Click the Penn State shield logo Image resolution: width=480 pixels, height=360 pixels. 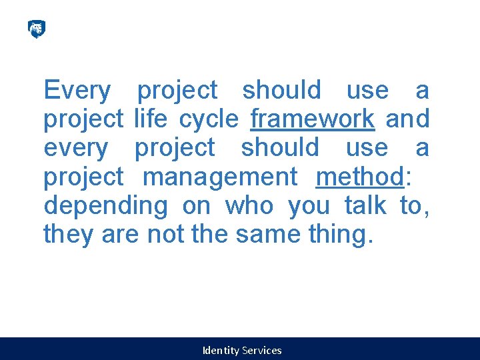(x=36, y=29)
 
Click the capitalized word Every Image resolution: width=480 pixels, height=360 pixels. (x=77, y=90)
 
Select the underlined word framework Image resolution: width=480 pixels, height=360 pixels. (x=312, y=119)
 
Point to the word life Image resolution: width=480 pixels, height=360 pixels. (x=150, y=119)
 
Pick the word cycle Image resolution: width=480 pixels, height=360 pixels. (x=208, y=119)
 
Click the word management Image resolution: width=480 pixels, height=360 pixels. (x=220, y=177)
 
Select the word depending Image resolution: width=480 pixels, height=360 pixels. (x=105, y=206)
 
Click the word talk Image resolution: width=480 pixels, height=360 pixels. (x=365, y=206)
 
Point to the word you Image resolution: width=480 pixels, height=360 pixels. (x=309, y=206)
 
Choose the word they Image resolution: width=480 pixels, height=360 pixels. (x=69, y=235)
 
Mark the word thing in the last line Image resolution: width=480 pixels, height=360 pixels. (x=338, y=235)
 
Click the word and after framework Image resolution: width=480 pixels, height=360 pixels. (x=407, y=119)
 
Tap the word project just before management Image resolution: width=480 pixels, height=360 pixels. (x=83, y=177)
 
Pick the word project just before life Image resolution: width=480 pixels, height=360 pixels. (x=83, y=119)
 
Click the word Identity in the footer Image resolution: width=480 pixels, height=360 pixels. (x=221, y=350)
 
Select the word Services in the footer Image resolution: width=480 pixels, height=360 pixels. (x=262, y=350)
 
